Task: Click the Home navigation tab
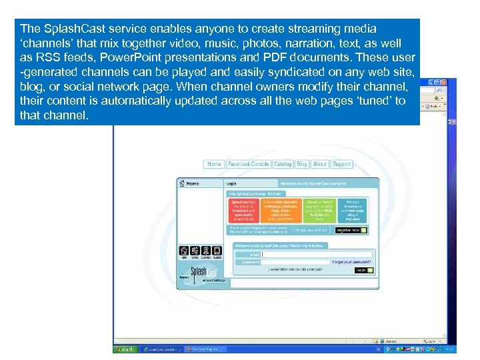[x=214, y=164]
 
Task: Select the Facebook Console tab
[x=248, y=164]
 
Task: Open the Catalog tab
[x=283, y=164]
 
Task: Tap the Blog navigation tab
[x=302, y=164]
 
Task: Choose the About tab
[x=320, y=164]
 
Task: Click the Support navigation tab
[x=341, y=164]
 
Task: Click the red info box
[x=243, y=209]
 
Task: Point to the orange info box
[x=281, y=209]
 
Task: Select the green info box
[x=319, y=209]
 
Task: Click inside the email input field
[x=317, y=254]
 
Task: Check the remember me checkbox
[x=267, y=270]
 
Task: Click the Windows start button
[x=125, y=349]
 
